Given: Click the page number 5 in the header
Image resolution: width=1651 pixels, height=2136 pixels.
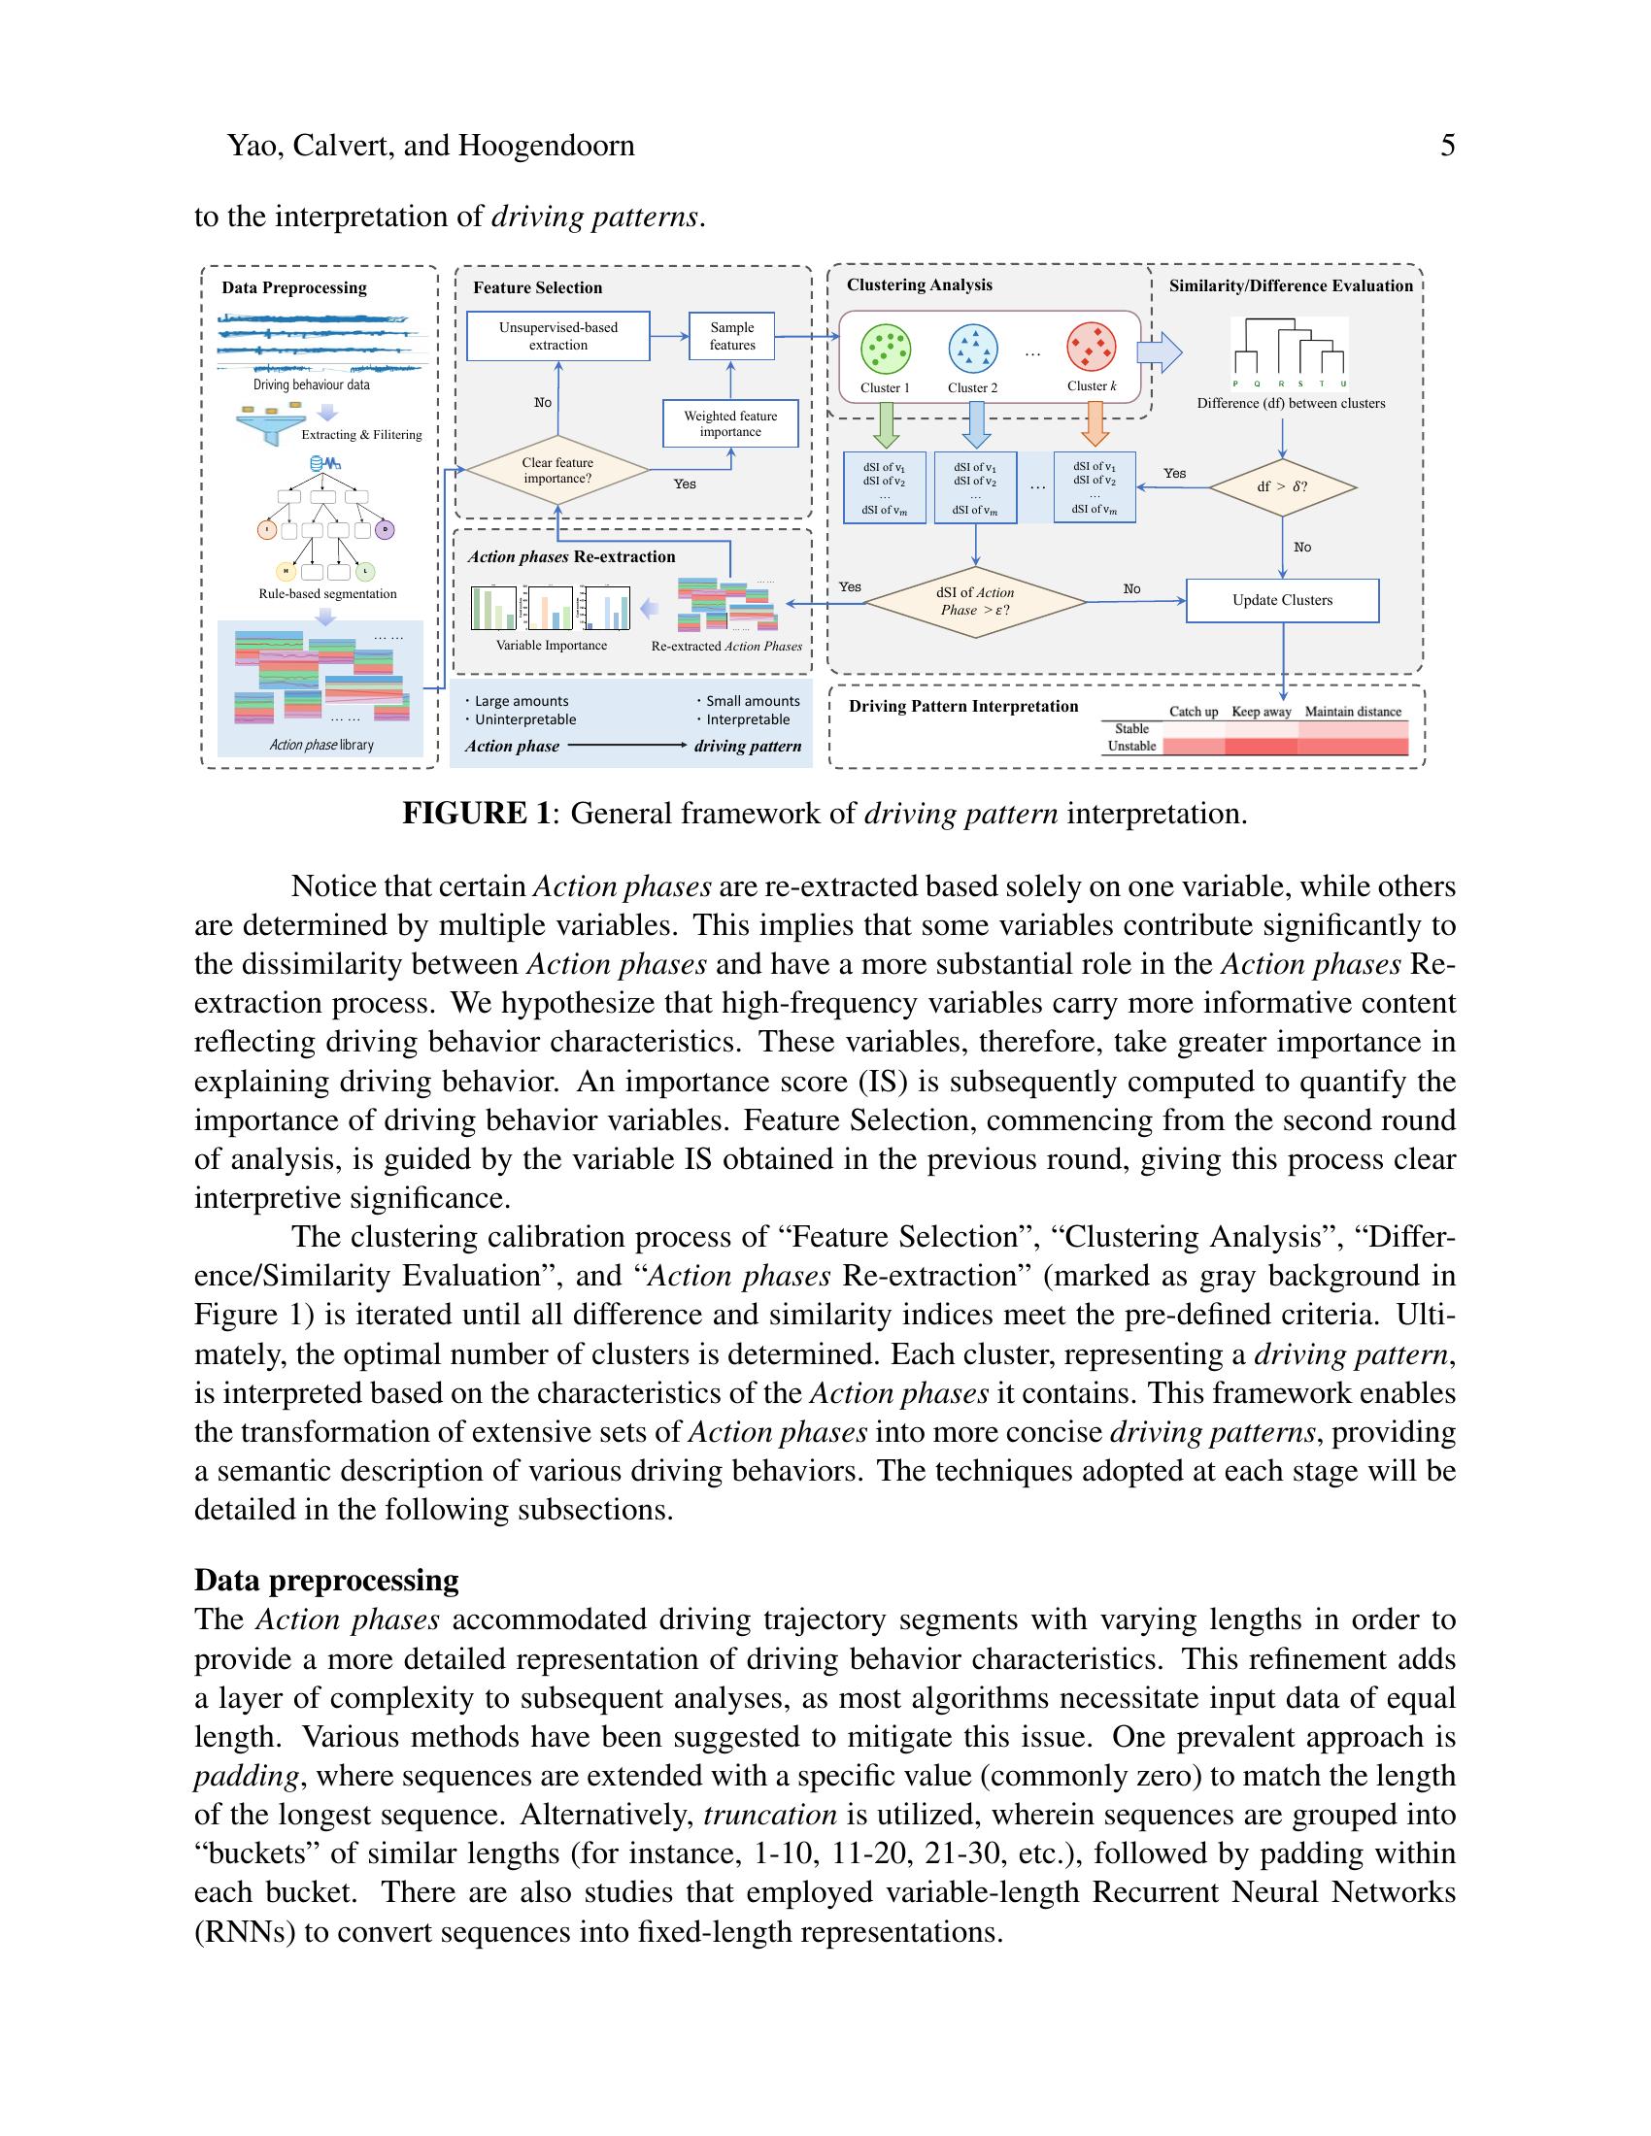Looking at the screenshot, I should [1448, 146].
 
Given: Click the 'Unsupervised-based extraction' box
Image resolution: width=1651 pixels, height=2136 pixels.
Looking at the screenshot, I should [557, 337].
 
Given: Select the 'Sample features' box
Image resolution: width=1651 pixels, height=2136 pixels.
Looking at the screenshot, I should [731, 337].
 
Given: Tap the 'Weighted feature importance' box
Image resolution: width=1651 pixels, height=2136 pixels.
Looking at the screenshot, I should [729, 423].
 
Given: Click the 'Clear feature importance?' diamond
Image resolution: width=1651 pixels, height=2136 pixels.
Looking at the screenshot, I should [557, 471].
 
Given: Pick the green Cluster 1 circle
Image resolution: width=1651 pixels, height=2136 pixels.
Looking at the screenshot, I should [885, 350].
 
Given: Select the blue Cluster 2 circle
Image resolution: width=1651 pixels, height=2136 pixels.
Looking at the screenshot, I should [973, 350].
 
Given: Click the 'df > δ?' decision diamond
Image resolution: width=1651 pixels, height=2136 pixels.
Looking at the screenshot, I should [1282, 486].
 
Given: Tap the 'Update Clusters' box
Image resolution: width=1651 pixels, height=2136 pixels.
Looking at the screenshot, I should [1282, 600].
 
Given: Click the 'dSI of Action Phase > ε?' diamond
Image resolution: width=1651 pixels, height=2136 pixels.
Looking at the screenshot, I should [975, 602].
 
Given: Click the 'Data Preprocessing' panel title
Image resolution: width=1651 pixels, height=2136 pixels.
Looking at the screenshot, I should [293, 287].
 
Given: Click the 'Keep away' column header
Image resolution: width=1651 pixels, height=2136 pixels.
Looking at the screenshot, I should [1261, 712].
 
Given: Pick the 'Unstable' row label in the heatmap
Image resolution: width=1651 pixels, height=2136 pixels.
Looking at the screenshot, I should [1131, 747].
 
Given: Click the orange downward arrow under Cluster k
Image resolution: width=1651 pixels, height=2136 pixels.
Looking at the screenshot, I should [1094, 424].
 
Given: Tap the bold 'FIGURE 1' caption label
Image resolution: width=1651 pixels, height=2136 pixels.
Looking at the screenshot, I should [476, 814].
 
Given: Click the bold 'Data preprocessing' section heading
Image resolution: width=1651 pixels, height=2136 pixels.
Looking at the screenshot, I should [326, 1581].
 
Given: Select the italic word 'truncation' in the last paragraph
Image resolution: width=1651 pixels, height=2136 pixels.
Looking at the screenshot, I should [770, 1816].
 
